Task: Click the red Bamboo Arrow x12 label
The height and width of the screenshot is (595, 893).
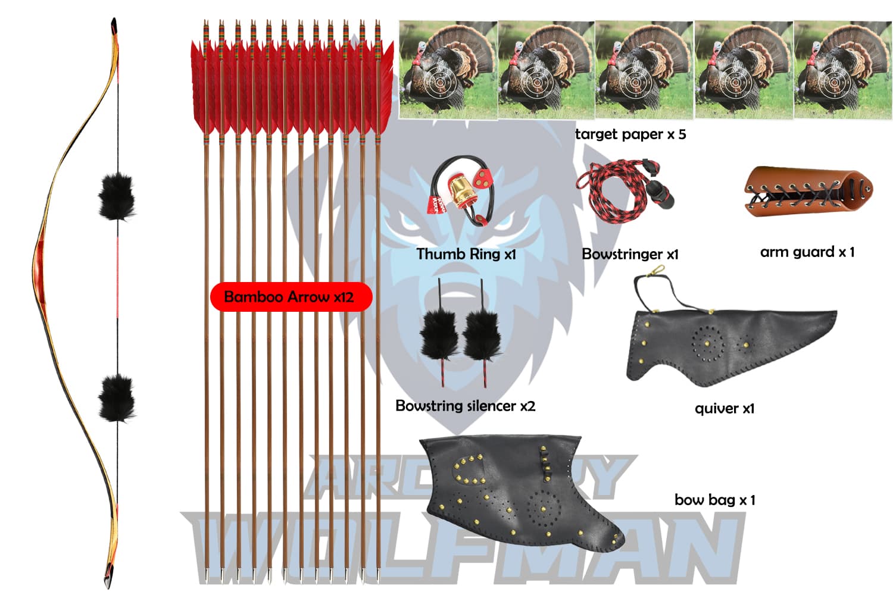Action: (291, 296)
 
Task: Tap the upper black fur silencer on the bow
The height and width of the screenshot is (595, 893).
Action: (117, 196)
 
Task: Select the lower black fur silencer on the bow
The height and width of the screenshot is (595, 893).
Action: (117, 397)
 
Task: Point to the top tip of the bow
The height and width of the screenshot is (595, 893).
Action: (114, 24)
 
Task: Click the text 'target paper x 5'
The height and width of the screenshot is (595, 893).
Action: (630, 134)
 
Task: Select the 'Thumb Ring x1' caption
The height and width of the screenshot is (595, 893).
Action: (466, 254)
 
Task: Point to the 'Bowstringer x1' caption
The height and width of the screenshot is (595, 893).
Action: (629, 254)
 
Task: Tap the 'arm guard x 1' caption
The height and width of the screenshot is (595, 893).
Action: (807, 252)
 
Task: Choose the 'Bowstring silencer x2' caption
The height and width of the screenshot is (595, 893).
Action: (465, 406)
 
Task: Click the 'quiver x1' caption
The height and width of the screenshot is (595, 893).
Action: (724, 409)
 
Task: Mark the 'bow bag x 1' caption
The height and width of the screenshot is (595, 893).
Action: (714, 500)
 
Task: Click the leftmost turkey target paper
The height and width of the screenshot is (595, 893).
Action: (448, 70)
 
